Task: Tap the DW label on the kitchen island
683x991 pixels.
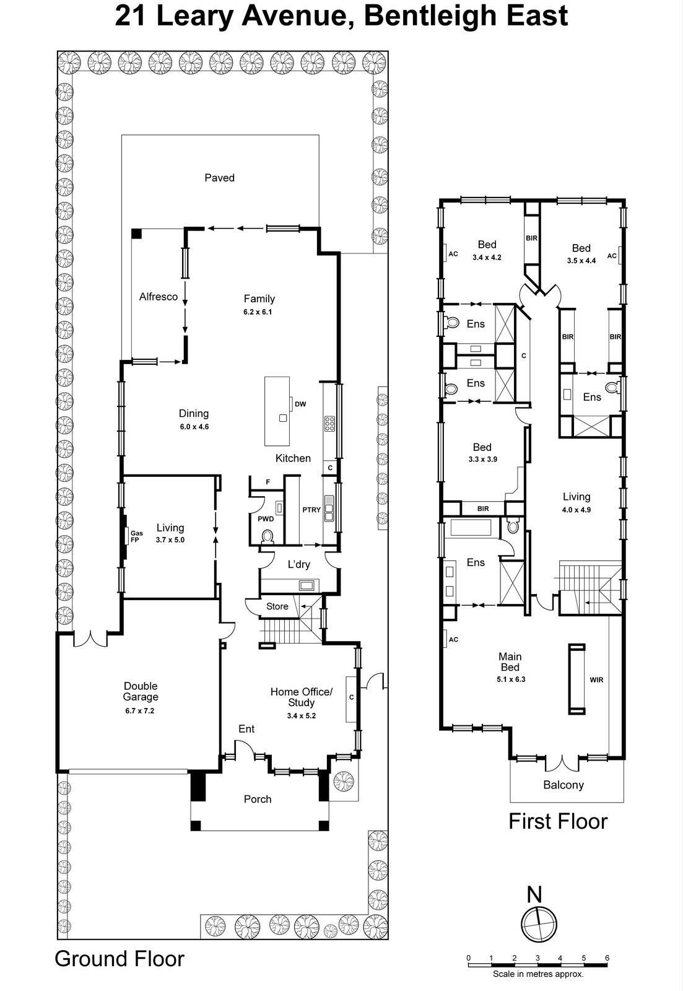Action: point(300,404)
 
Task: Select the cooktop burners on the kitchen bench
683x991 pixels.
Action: point(329,424)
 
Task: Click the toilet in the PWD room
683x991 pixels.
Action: point(268,536)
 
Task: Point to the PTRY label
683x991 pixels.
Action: point(311,510)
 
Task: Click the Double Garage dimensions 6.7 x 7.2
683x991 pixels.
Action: point(140,710)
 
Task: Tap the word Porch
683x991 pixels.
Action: point(258,799)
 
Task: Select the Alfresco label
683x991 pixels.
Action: point(159,297)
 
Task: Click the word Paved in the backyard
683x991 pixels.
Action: point(220,178)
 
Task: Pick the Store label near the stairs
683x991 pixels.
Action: point(277,606)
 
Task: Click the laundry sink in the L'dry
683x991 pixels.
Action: point(307,585)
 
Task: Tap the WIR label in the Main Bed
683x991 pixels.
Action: point(596,679)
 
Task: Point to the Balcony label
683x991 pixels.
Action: point(563,785)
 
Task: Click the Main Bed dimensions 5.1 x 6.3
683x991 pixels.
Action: point(511,679)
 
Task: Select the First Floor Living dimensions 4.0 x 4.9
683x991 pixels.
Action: point(576,510)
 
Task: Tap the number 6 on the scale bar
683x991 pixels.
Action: point(607,958)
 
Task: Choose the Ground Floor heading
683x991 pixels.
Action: point(120,959)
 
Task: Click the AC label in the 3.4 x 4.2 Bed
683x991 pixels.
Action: point(453,254)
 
